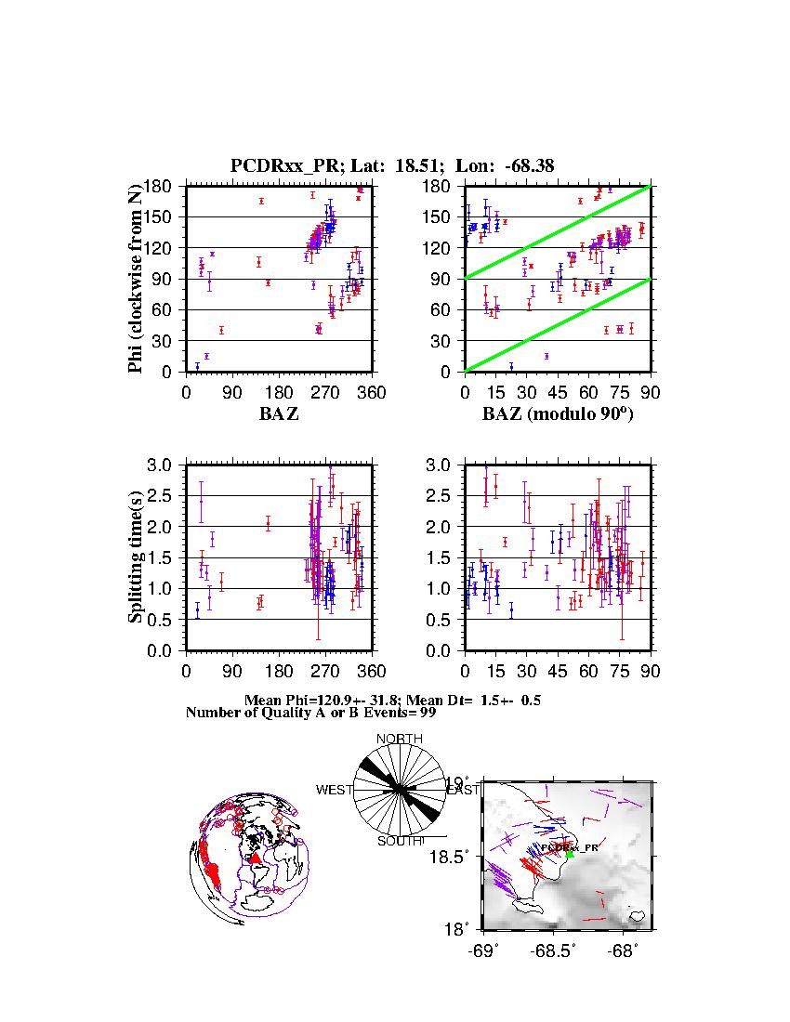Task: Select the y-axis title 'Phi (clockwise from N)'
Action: click(x=136, y=279)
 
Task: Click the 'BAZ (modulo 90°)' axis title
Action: click(x=557, y=414)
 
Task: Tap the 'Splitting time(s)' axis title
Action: click(x=136, y=557)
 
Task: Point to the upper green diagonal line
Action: click(x=558, y=231)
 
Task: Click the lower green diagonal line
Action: click(x=558, y=324)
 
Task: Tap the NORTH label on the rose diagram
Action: click(x=399, y=739)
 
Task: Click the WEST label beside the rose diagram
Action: click(x=335, y=790)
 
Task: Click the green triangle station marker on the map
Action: click(x=570, y=853)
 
